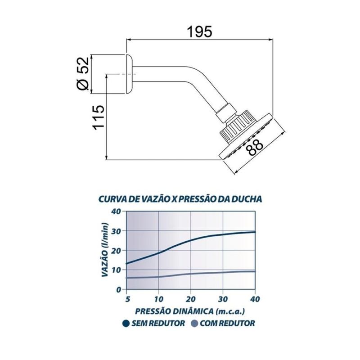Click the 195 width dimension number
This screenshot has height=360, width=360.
tap(199, 31)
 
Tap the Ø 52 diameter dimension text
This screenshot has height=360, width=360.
tap(83, 73)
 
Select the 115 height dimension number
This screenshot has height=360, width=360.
tap(99, 117)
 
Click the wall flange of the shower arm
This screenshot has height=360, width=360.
tap(129, 74)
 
